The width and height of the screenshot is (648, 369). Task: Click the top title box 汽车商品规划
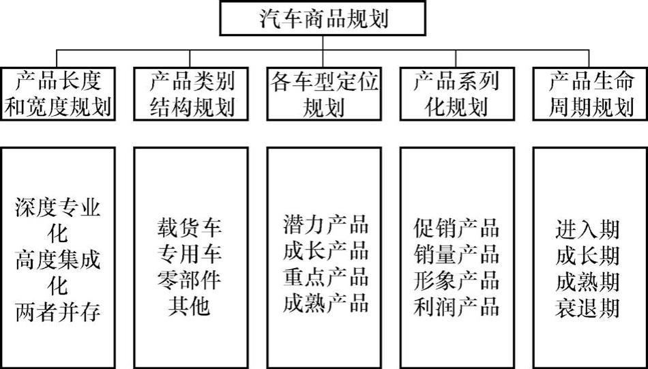pyautogui.click(x=323, y=18)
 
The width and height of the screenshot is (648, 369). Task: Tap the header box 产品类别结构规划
pyautogui.click(x=191, y=94)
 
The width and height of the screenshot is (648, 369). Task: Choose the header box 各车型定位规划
pyautogui.click(x=324, y=94)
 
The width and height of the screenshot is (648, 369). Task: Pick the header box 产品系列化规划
pyautogui.click(x=456, y=94)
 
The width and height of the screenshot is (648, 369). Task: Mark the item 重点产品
pyautogui.click(x=325, y=276)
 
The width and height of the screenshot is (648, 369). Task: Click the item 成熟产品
pyautogui.click(x=325, y=302)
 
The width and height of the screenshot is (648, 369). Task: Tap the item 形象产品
pyautogui.click(x=456, y=280)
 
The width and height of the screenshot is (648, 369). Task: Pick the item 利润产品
pyautogui.click(x=456, y=306)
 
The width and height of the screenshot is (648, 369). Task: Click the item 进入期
pyautogui.click(x=587, y=228)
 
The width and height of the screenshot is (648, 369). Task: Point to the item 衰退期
pyautogui.click(x=587, y=307)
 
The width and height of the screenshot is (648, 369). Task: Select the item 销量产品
pyautogui.click(x=456, y=254)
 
